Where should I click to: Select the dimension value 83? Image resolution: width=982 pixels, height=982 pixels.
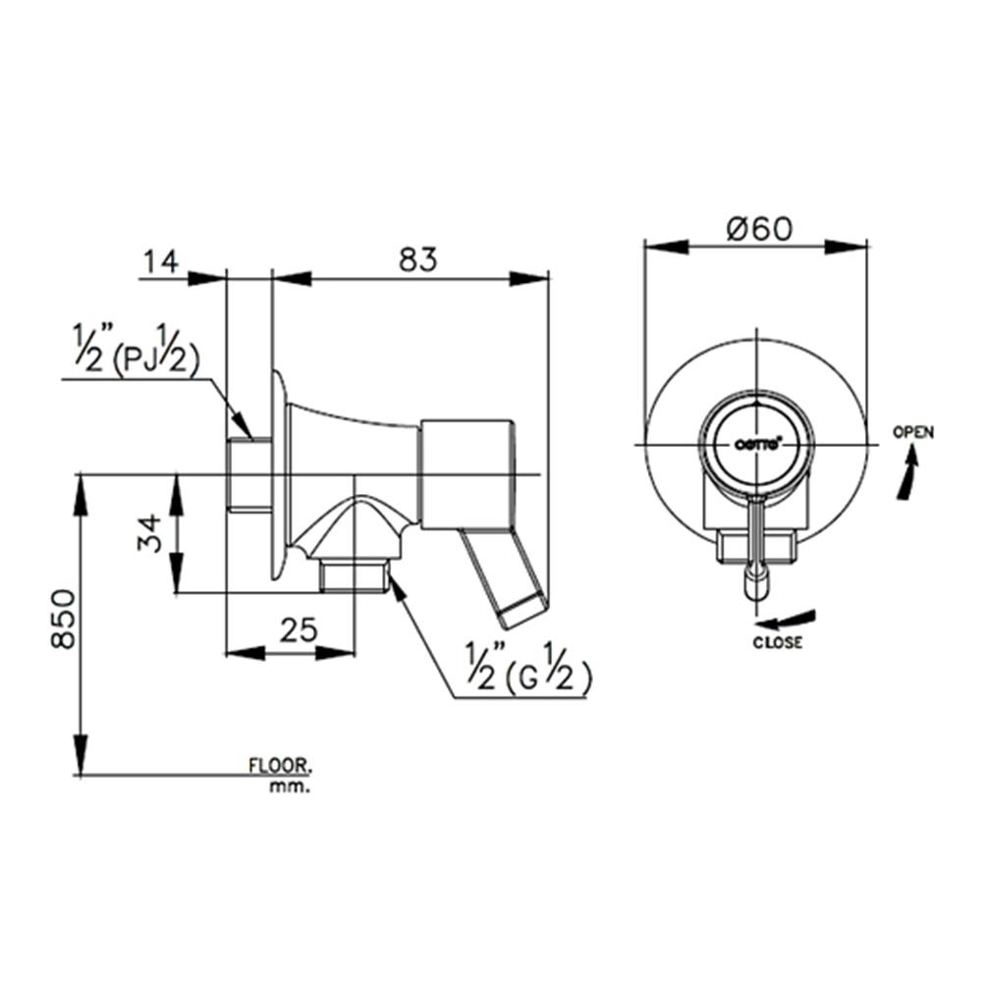pyautogui.click(x=417, y=260)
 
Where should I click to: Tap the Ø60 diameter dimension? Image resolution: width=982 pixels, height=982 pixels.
pyautogui.click(x=759, y=228)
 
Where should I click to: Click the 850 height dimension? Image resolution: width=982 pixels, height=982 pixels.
pyautogui.click(x=63, y=619)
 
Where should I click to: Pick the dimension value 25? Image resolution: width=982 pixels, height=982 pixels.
pyautogui.click(x=297, y=630)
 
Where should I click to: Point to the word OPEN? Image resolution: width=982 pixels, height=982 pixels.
pyautogui.click(x=913, y=432)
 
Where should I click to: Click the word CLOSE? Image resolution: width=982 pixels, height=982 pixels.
pyautogui.click(x=778, y=643)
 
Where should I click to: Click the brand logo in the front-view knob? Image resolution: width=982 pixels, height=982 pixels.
pyautogui.click(x=758, y=444)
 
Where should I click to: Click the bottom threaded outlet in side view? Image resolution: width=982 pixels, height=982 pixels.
pyautogui.click(x=354, y=575)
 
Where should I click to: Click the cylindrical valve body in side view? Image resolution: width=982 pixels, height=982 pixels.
pyautogui.click(x=466, y=471)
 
